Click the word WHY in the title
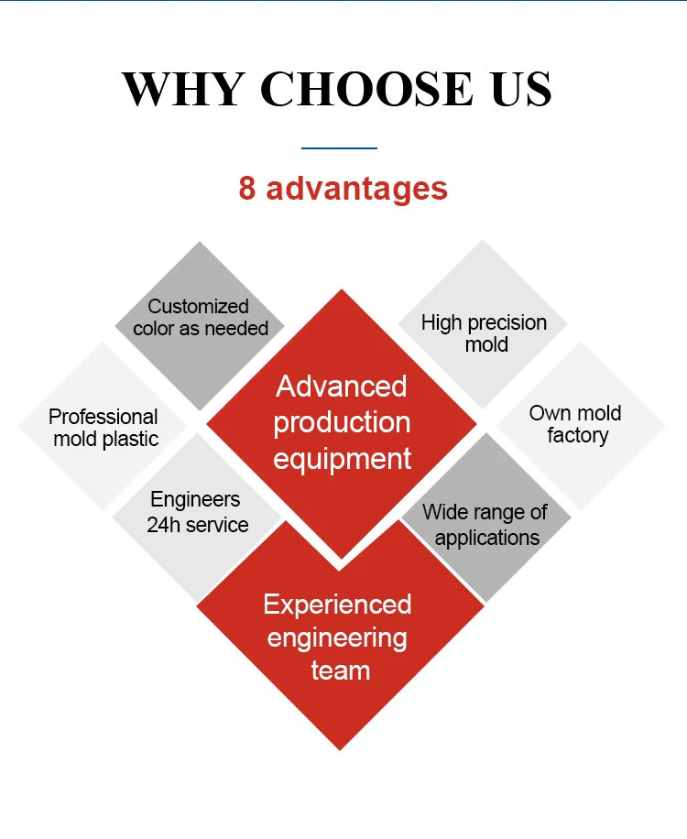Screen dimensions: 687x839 pyautogui.click(x=183, y=89)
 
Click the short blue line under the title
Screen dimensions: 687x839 pyautogui.click(x=340, y=147)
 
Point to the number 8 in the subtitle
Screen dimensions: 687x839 pyautogui.click(x=247, y=189)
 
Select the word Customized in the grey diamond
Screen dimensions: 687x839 pyautogui.click(x=199, y=306)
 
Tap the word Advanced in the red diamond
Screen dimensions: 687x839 pyautogui.click(x=342, y=386)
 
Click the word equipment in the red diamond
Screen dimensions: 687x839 pyautogui.click(x=342, y=459)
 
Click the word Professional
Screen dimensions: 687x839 pyautogui.click(x=104, y=417)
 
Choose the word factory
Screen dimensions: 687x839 pyautogui.click(x=577, y=436)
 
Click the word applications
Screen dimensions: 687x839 pyautogui.click(x=487, y=537)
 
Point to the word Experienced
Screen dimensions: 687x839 pyautogui.click(x=337, y=605)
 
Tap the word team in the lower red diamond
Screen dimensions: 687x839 pyautogui.click(x=340, y=670)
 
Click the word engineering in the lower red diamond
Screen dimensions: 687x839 pyautogui.click(x=337, y=637)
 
